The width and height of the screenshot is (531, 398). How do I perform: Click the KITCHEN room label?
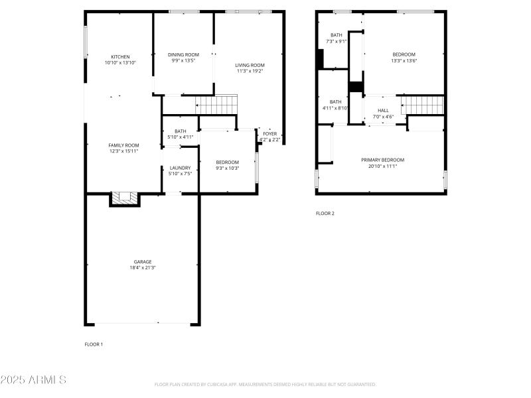120,56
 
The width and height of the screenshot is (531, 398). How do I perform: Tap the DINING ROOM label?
183,54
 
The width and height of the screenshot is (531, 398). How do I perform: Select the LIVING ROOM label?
250,65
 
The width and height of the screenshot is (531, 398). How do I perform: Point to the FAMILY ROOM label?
123,145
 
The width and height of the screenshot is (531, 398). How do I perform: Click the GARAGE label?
143,262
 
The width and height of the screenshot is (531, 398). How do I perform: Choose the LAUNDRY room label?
180,168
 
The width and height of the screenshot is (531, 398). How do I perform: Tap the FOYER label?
269,133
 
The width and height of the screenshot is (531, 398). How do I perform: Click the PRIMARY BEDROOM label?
382,160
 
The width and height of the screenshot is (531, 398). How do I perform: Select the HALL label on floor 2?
383,111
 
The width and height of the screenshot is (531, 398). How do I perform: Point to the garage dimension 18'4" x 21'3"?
143,268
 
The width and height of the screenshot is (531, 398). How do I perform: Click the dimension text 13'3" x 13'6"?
404,60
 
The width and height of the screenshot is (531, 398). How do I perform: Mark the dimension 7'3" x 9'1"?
337,41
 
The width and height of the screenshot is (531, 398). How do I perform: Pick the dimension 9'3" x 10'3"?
227,168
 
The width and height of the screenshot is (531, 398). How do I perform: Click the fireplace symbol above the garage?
125,198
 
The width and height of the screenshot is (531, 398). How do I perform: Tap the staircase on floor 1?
217,104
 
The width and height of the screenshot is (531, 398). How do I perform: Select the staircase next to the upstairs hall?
423,105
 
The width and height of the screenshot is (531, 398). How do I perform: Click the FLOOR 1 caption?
94,344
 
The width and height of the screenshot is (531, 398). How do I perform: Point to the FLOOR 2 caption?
325,213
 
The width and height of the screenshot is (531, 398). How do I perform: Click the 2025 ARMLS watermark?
33,380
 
